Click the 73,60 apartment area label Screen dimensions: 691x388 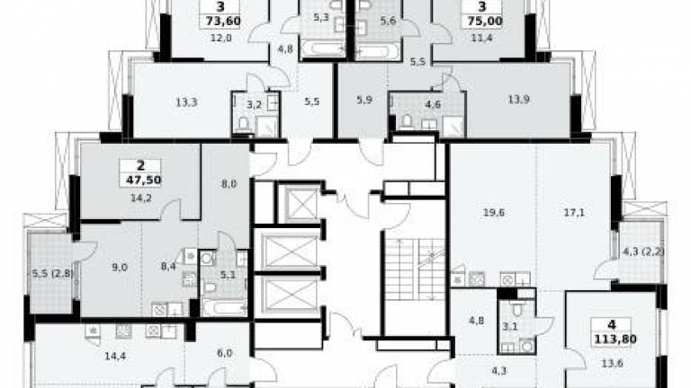tap(220, 22)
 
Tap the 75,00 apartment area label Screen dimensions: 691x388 tap(481, 22)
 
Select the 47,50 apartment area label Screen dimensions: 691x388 tap(140, 180)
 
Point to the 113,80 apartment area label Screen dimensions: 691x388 tap(611, 339)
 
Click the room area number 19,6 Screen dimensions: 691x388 tap(494, 213)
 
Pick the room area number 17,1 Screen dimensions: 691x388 tap(574, 213)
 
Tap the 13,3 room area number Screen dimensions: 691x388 tap(186, 102)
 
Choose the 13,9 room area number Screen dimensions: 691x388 tap(518, 100)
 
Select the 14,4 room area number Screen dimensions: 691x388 tap(115, 356)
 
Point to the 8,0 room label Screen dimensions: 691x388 tap(229, 184)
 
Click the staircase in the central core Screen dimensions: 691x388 tap(414, 269)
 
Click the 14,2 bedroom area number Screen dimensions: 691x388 tap(141, 198)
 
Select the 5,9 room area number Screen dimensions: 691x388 tap(364, 101)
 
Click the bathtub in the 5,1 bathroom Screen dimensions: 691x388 tap(224, 307)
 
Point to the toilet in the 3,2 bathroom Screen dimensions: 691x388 tap(244, 125)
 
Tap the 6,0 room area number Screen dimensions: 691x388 tap(224, 352)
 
